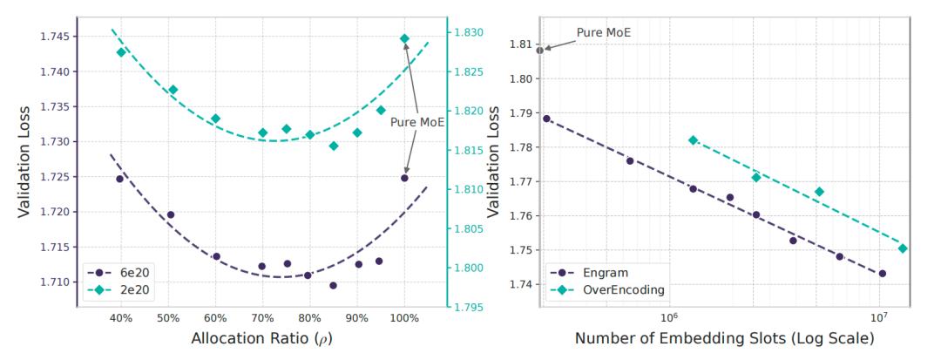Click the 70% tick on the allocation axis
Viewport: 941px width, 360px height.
coord(262,318)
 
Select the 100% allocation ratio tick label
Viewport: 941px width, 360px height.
coord(404,318)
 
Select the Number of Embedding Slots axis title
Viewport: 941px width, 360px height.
coord(724,340)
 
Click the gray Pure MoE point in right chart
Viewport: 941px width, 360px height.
coord(540,51)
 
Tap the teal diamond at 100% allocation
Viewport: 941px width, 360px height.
coord(404,38)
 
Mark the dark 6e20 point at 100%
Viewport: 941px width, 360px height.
coord(404,178)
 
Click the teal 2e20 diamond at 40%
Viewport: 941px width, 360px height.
coord(122,52)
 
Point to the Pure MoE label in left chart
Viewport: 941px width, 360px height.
coord(416,122)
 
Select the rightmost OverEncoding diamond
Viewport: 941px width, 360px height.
coord(903,248)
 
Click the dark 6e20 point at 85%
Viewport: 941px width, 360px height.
coord(333,285)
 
